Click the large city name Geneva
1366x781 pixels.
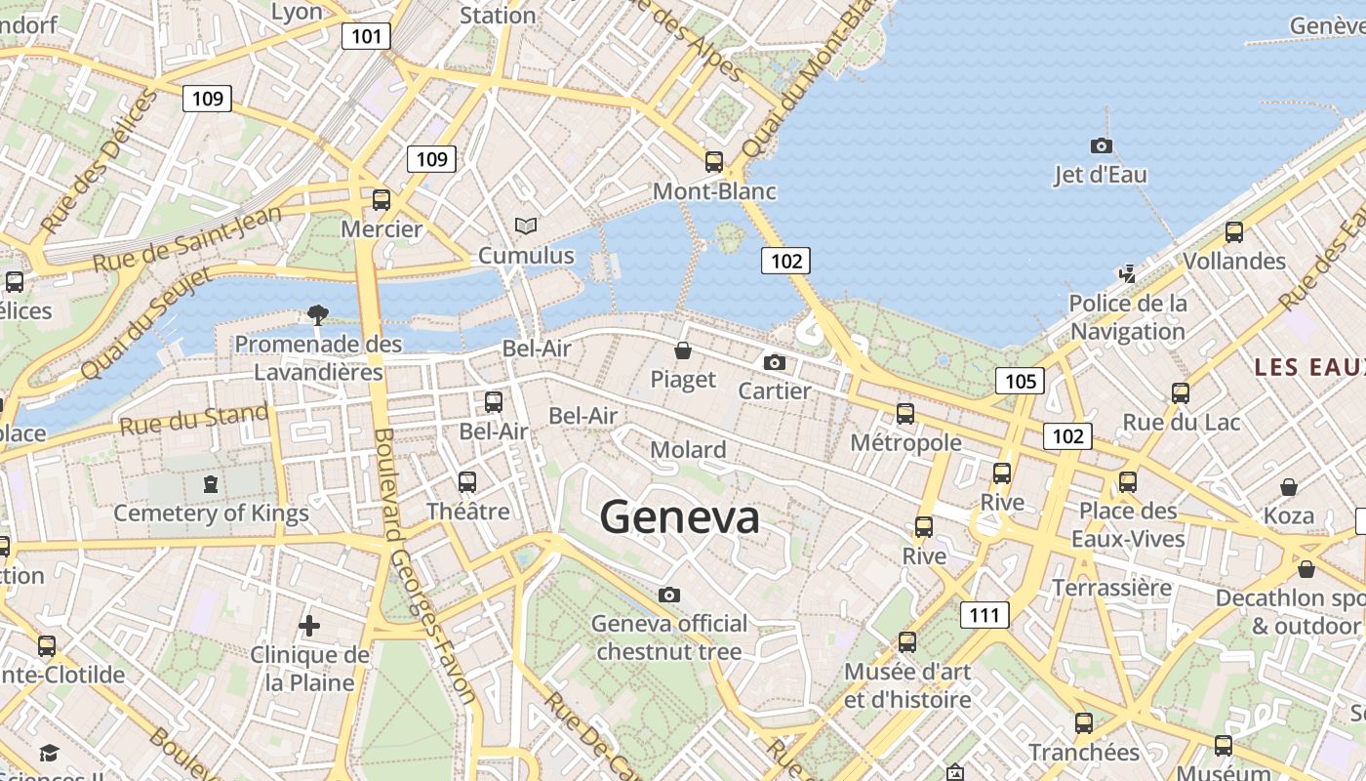coord(679,516)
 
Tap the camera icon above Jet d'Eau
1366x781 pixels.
coord(1101,146)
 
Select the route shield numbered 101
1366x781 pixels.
coord(366,37)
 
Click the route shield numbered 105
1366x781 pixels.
coord(1020,381)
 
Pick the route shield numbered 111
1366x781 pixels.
coord(984,615)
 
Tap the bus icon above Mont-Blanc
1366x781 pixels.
coord(714,162)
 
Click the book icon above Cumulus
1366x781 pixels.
coord(526,226)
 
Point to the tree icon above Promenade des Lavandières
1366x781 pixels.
coord(317,314)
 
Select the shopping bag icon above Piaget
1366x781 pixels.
coord(683,350)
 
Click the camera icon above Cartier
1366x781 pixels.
coord(775,363)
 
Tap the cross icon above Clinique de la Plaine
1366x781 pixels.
coord(309,625)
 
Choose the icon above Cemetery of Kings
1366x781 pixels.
coord(210,483)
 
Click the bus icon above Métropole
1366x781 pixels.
coord(905,414)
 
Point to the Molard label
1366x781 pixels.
coord(688,450)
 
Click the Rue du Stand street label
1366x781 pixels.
coord(193,421)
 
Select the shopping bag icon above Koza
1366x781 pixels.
coord(1288,486)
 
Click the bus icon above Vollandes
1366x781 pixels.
coord(1234,232)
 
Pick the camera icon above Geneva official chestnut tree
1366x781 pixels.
coord(669,595)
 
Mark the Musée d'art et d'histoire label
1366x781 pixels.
coord(907,685)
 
